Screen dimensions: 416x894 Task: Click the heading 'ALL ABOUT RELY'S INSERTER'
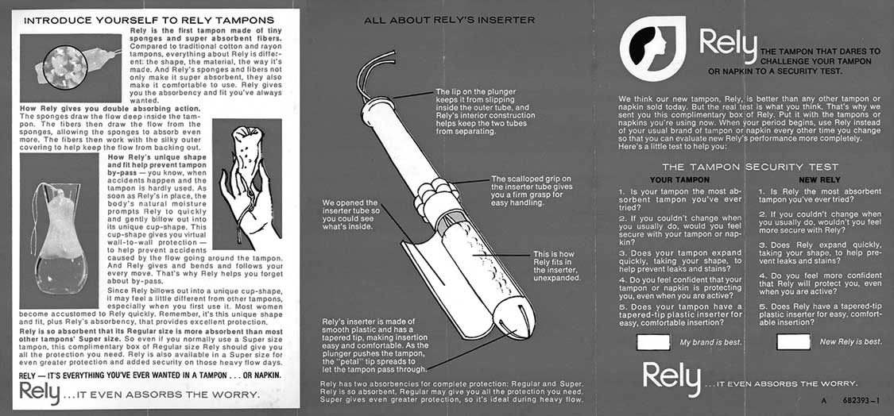(x=449, y=20)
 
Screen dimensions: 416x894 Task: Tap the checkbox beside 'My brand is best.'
(x=654, y=342)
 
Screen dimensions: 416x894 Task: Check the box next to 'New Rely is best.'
(x=792, y=342)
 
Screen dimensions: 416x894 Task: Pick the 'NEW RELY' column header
(x=818, y=180)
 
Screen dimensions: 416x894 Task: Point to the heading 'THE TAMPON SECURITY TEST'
(x=749, y=168)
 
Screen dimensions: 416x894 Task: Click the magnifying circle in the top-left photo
(x=64, y=65)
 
